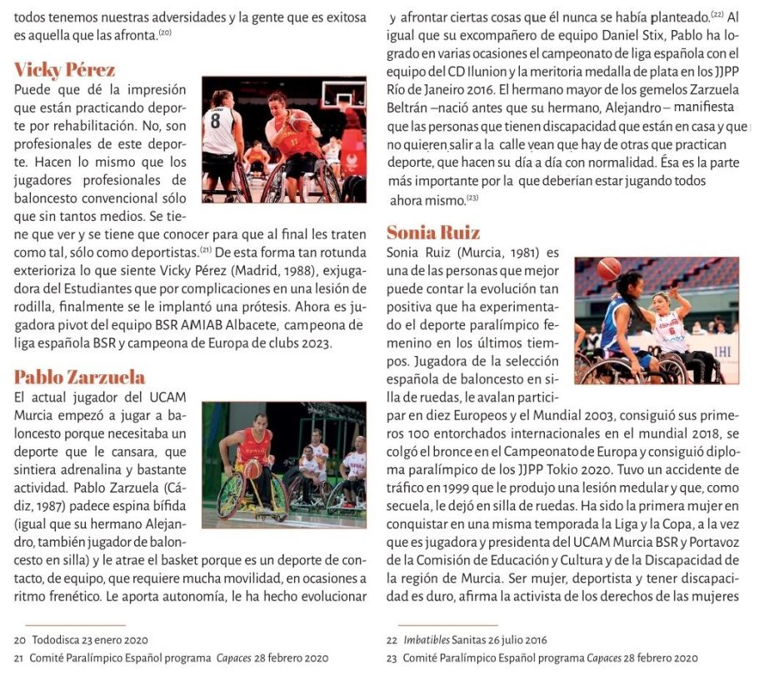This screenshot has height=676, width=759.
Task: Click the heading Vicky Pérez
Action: coord(64,69)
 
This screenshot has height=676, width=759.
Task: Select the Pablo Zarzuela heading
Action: coord(79,378)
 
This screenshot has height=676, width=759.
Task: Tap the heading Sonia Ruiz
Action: coord(433,233)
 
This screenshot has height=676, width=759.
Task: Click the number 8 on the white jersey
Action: coord(216,119)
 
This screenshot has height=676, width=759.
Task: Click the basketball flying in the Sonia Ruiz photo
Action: coord(608,269)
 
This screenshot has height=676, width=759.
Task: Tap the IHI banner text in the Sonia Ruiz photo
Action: coord(722,352)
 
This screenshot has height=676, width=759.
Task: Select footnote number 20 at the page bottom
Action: coord(20,640)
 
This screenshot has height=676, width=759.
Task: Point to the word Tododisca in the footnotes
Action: coord(57,640)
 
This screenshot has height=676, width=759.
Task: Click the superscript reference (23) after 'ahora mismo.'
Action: coord(472,198)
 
